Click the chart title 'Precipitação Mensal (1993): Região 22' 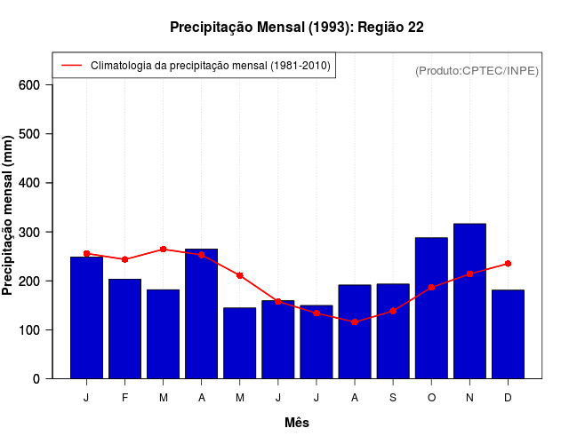pos(296,28)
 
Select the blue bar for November pos(469,301)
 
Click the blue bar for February pos(124,329)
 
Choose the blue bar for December pos(508,334)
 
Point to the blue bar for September pos(393,331)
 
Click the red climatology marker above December pos(508,264)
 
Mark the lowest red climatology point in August pos(355,321)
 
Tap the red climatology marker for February pos(124,259)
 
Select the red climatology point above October pos(431,288)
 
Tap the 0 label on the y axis pos(36,379)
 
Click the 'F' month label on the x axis pos(124,398)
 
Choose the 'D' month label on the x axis pos(508,398)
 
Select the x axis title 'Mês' pos(297,423)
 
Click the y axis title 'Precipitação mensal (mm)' pos(9,216)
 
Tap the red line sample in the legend pos(71,66)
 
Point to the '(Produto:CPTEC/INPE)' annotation pos(477,70)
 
